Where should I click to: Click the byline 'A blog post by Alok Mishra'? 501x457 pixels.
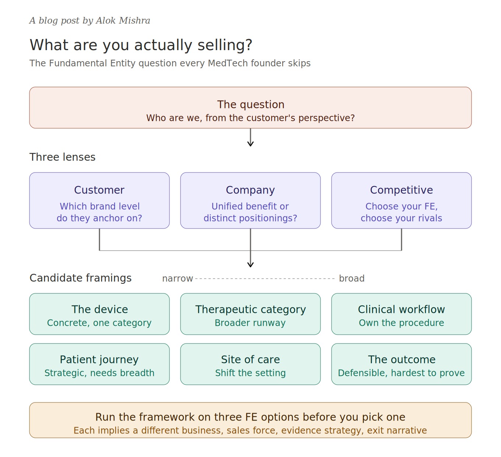(x=90, y=21)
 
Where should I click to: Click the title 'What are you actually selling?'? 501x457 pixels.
(x=141, y=45)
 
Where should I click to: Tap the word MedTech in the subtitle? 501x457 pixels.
(x=228, y=63)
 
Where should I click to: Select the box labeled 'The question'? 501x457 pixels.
(x=250, y=108)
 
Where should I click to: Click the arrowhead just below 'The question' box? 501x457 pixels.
(x=251, y=144)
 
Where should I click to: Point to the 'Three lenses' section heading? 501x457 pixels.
(x=62, y=157)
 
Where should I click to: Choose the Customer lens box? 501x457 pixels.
(x=99, y=200)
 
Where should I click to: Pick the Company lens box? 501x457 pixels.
(x=250, y=200)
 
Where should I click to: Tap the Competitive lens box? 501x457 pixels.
(x=401, y=200)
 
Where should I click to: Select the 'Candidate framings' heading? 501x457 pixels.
(x=80, y=278)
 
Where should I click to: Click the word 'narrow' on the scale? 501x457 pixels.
(x=178, y=279)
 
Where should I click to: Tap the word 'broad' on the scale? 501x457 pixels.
(x=352, y=278)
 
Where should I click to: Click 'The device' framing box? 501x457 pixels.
(x=99, y=314)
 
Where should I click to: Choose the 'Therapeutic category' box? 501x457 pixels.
(x=250, y=314)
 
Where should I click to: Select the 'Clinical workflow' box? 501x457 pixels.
(x=401, y=314)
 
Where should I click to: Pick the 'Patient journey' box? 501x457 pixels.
(x=99, y=364)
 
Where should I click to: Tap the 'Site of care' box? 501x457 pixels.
(x=250, y=364)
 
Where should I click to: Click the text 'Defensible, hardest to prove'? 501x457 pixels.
(x=401, y=373)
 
